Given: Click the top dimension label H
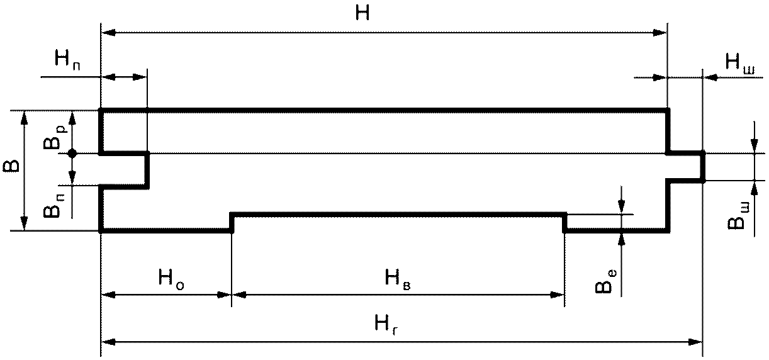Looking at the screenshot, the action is tap(362, 13).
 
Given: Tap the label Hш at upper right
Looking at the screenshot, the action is tap(740, 62).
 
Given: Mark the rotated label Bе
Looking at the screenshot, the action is tap(604, 281).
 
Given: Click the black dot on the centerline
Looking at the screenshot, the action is tap(72, 153).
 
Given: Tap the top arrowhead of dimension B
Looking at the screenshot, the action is tap(25, 117).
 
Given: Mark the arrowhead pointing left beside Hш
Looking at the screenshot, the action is tap(710, 77).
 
